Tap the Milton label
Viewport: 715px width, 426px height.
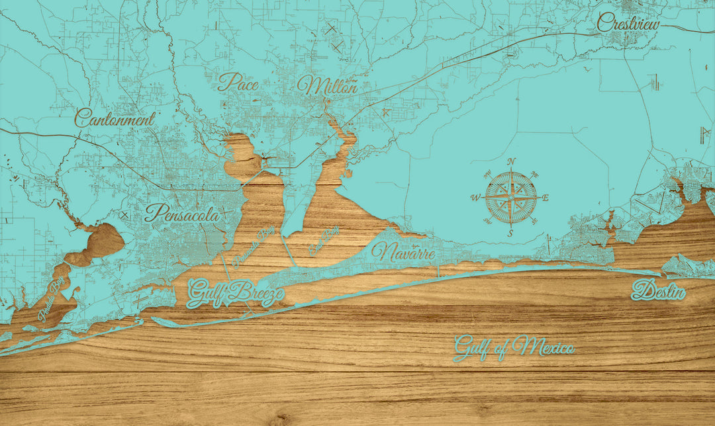tap(327, 85)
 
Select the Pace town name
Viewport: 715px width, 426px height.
tap(238, 82)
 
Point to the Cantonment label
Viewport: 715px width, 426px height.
tap(115, 119)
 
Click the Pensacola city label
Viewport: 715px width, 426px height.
tap(181, 214)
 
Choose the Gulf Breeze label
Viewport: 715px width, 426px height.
tap(236, 293)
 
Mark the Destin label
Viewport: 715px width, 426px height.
tap(658, 290)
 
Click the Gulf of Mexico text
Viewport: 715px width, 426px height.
tap(513, 347)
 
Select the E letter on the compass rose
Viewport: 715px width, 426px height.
tap(546, 197)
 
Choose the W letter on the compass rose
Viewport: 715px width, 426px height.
tap(475, 197)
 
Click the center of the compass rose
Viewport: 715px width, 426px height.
tap(511, 196)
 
